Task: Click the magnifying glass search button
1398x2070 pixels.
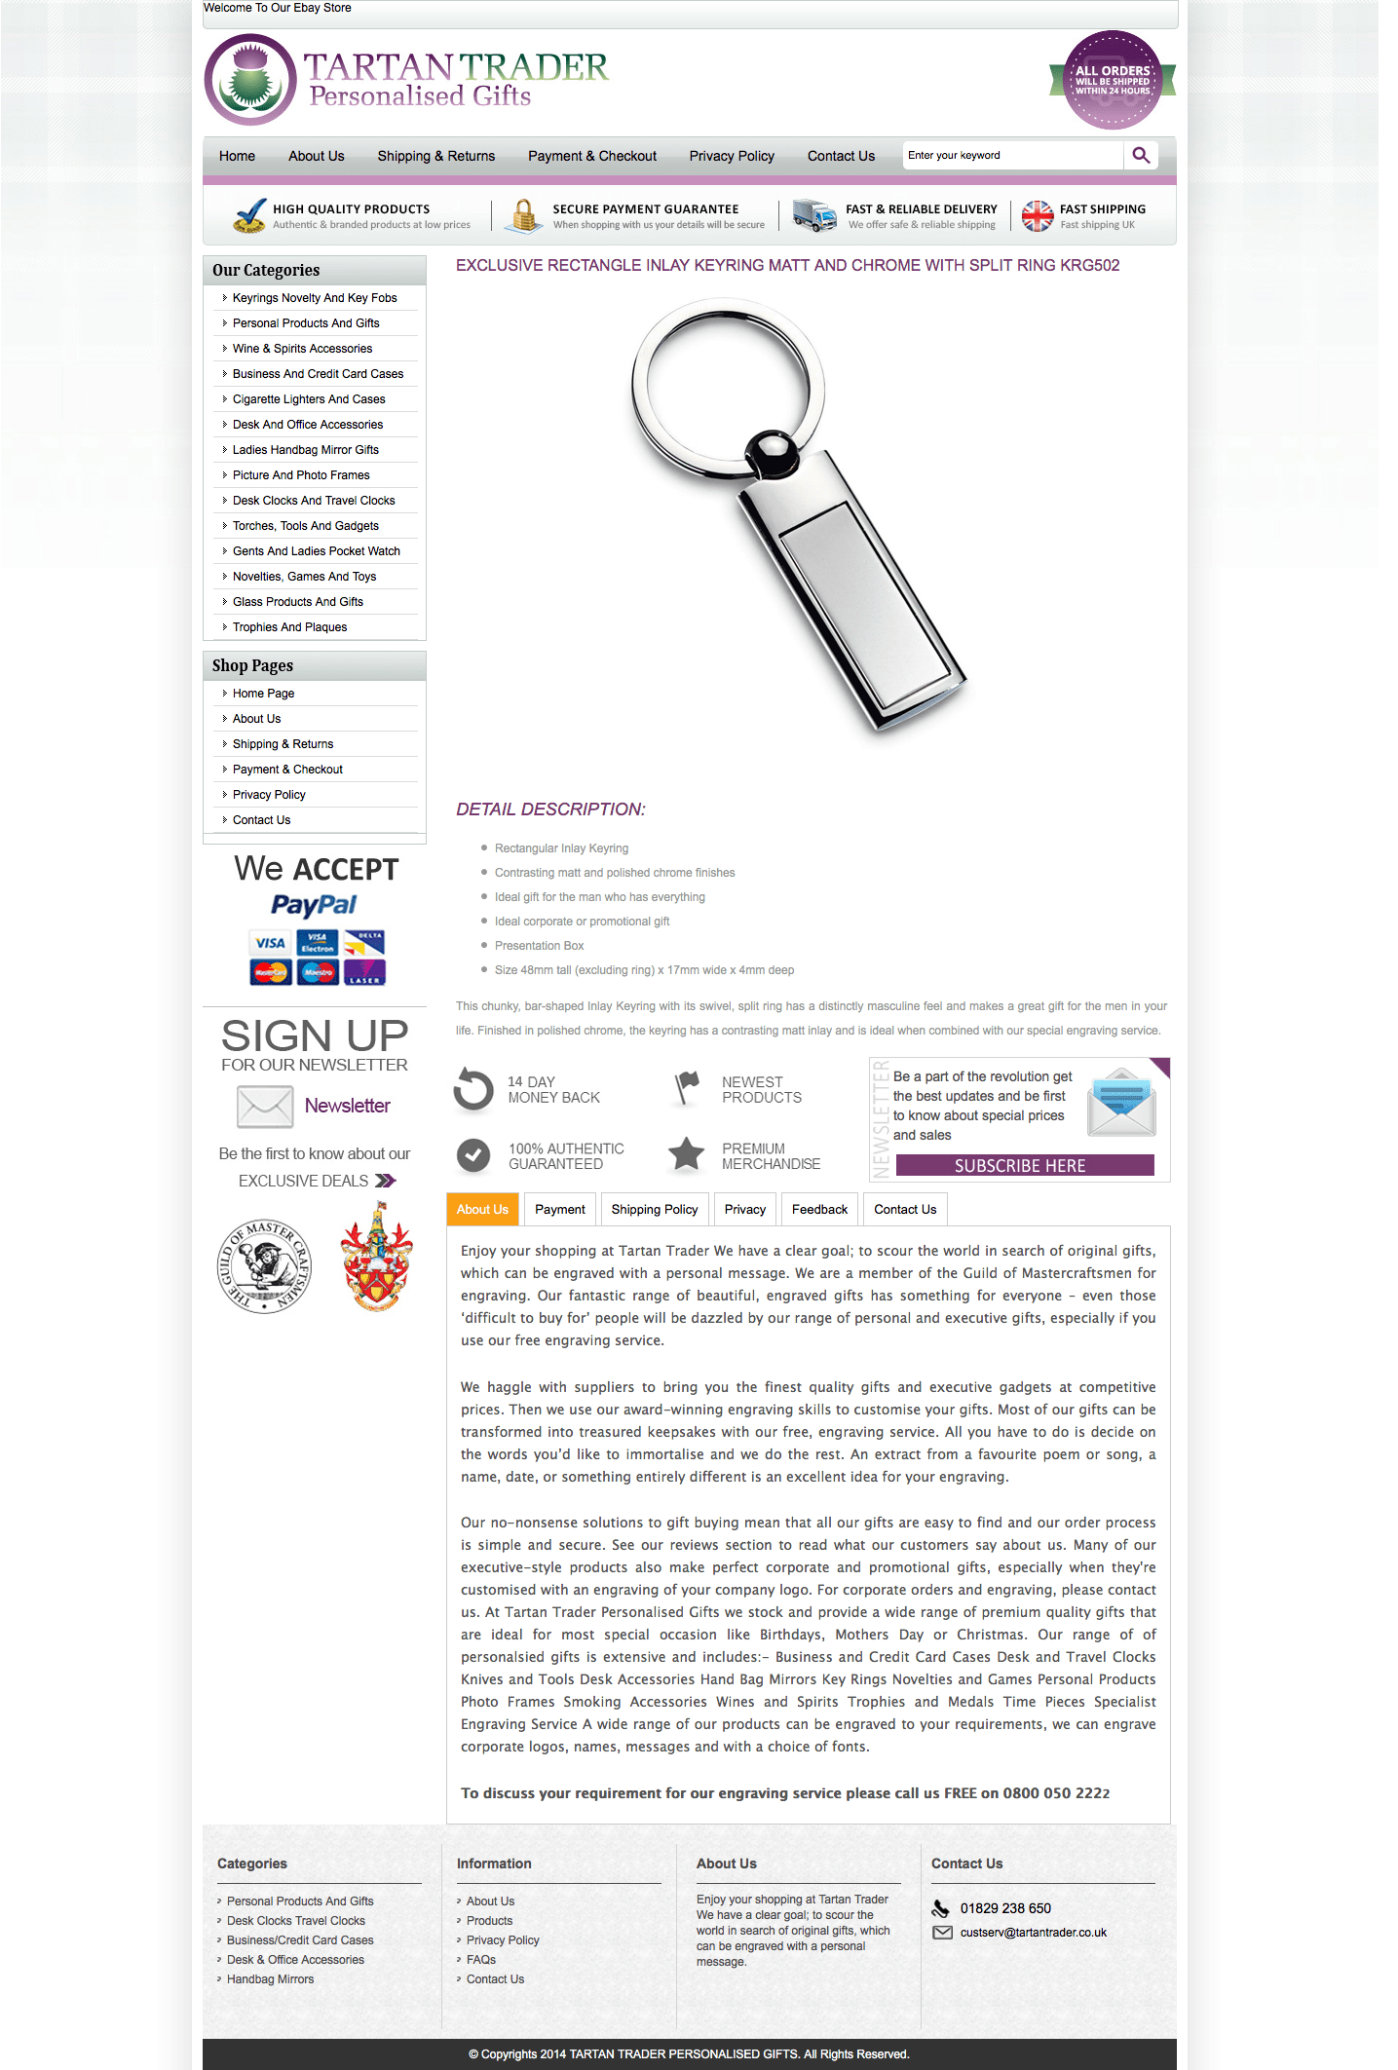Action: click(1141, 155)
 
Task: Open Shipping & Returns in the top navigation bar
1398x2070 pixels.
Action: click(435, 156)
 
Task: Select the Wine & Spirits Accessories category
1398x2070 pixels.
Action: click(302, 349)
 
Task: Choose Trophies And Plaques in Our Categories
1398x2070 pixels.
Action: click(289, 627)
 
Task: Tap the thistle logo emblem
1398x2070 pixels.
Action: click(250, 80)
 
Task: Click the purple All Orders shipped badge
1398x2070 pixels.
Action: click(1112, 80)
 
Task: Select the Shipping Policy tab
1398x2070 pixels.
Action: click(654, 1209)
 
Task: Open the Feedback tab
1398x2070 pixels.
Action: click(819, 1209)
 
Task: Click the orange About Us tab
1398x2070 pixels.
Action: click(482, 1209)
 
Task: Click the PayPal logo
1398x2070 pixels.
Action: click(314, 905)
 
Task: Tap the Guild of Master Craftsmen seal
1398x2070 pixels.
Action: click(264, 1266)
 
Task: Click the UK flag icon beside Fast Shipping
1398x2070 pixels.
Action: click(1037, 215)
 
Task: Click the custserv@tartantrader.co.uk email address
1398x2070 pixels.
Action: click(1033, 1933)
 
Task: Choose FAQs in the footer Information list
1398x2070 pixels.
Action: click(481, 1959)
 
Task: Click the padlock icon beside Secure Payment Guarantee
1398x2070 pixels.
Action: click(524, 215)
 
